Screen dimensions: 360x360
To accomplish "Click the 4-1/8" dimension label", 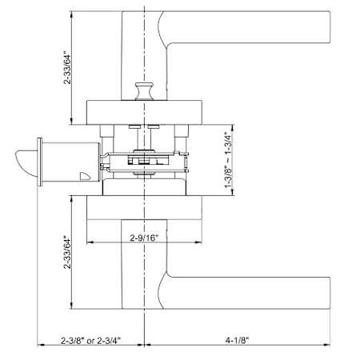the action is (237, 340).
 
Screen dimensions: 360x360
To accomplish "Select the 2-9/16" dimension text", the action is (144, 238).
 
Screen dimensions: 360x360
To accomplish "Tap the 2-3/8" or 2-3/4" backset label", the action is (91, 340).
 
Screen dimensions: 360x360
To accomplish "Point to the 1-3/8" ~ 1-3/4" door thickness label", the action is (229, 160).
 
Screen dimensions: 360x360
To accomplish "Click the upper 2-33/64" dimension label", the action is (67, 70).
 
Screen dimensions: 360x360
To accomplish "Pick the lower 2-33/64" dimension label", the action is (67, 252).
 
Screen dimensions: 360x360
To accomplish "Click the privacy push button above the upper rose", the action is (144, 91).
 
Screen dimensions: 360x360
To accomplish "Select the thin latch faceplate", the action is (40, 162).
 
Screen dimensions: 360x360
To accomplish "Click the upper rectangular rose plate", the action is (144, 113).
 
